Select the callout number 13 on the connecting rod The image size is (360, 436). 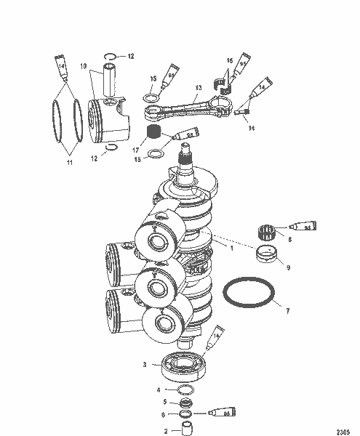197,86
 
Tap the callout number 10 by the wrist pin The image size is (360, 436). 84,66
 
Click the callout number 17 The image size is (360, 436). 135,149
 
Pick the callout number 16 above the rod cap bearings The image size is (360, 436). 229,60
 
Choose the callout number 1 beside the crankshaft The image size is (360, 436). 232,248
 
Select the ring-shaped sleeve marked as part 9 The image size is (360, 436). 268,254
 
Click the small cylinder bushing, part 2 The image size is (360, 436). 185,424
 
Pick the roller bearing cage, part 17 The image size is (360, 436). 153,133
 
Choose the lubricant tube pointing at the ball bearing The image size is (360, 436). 217,336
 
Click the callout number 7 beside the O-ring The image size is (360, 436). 287,311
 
